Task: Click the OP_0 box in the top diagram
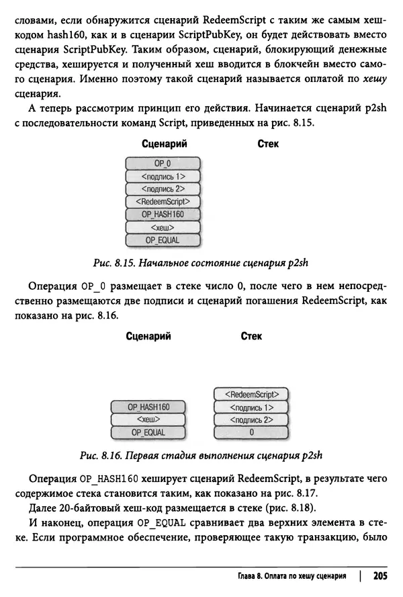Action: (x=163, y=163)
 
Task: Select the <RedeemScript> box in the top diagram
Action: (x=163, y=202)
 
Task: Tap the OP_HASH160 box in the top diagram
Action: (x=163, y=214)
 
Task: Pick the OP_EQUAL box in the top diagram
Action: (x=163, y=240)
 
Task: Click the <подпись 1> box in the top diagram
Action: (x=163, y=176)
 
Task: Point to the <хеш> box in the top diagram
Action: (x=163, y=227)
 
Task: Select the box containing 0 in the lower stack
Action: (x=251, y=432)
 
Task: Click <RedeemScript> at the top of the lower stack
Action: (x=251, y=394)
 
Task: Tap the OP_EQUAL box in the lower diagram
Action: (x=148, y=432)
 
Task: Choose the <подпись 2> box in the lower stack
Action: (x=251, y=420)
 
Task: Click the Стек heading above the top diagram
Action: (x=268, y=144)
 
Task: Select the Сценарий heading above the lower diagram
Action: (x=148, y=336)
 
